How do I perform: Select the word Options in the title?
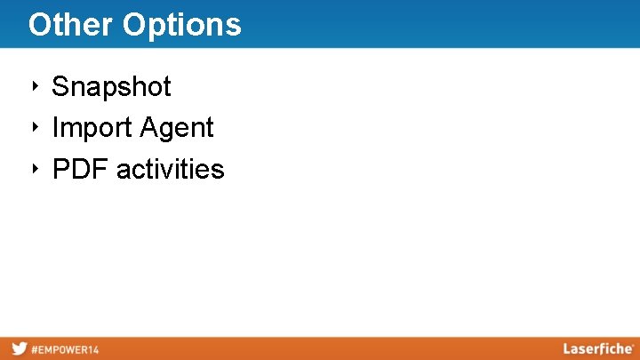click(x=182, y=25)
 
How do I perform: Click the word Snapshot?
click(x=111, y=87)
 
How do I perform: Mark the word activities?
click(x=171, y=169)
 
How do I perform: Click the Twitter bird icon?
click(x=19, y=348)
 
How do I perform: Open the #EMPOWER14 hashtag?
click(x=66, y=349)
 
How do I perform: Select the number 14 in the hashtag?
click(x=93, y=349)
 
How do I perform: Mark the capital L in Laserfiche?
click(x=567, y=348)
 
